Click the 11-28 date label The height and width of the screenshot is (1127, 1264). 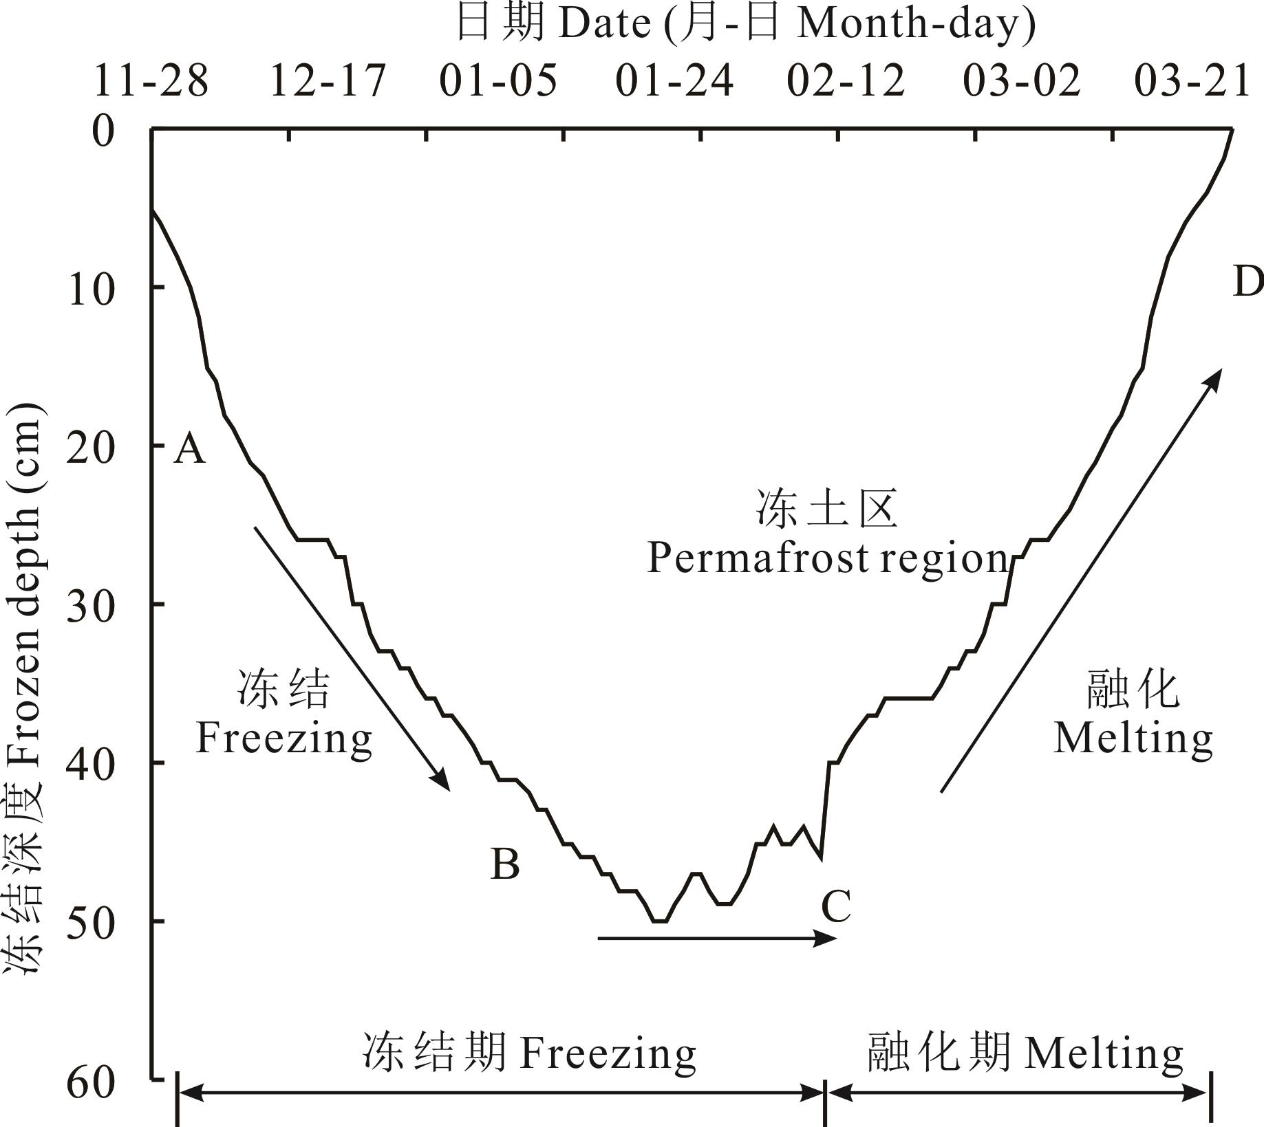point(151,80)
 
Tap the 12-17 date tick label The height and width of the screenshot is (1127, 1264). point(328,80)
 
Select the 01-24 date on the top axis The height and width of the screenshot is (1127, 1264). point(674,80)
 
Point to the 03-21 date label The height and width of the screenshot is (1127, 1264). point(1192,80)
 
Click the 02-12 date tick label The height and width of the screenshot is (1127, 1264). point(846,80)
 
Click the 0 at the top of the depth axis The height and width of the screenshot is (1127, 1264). point(103,131)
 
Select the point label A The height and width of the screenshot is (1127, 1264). point(189,450)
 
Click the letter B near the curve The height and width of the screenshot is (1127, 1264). point(504,864)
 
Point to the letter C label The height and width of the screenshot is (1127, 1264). point(836,906)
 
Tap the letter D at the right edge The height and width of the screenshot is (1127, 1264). point(1247,282)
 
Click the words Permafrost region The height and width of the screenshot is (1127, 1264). point(827,558)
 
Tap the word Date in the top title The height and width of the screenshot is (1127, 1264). point(604,24)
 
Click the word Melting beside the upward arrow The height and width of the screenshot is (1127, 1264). point(1133,739)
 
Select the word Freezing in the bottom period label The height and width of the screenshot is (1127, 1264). point(608,1053)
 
